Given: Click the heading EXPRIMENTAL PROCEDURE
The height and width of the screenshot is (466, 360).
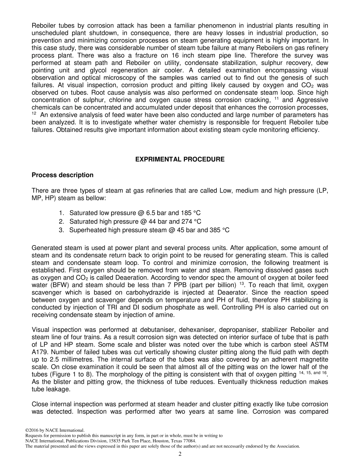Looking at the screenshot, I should pyautogui.click(x=180, y=160).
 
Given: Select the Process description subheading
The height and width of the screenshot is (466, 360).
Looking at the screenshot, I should pyautogui.click(x=63, y=175).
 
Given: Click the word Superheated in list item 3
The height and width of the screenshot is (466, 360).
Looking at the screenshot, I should pyautogui.click(x=85, y=230).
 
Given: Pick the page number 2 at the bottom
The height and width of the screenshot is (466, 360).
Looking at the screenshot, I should pyautogui.click(x=180, y=454).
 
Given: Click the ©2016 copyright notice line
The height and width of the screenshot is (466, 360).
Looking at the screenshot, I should pyautogui.click(x=55, y=430).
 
